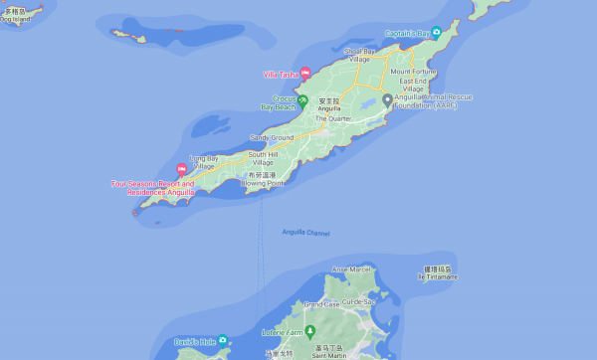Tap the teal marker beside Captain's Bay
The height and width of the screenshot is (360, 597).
[x=436, y=33]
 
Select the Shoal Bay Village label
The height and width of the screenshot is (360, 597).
[x=364, y=55]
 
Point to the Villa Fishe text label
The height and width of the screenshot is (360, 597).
[x=280, y=74]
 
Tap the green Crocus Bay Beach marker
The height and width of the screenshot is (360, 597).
[x=289, y=98]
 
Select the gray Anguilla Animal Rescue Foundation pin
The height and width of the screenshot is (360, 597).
[x=386, y=99]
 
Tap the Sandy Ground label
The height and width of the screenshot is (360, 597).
[x=271, y=137]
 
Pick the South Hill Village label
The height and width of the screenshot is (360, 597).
[x=268, y=157]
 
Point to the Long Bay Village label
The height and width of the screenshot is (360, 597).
[x=203, y=161]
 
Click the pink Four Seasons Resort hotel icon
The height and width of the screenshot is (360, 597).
[x=181, y=169]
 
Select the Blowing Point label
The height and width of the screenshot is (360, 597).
[x=263, y=183]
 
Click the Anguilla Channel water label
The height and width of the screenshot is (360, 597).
[x=305, y=233]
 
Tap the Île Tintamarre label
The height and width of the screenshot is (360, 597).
[x=437, y=276]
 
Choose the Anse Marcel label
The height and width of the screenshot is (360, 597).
[x=351, y=270]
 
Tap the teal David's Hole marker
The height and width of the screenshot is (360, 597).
[x=222, y=340]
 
